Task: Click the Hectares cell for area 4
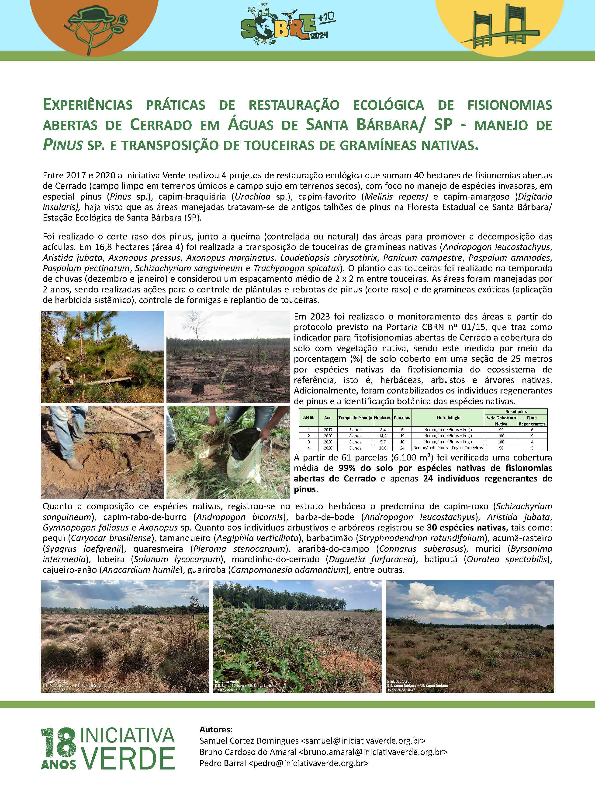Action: click(383, 448)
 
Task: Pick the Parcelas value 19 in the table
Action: click(402, 436)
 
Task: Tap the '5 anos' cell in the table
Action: click(355, 430)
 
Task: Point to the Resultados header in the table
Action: click(516, 411)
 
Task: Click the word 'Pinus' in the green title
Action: click(63, 145)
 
